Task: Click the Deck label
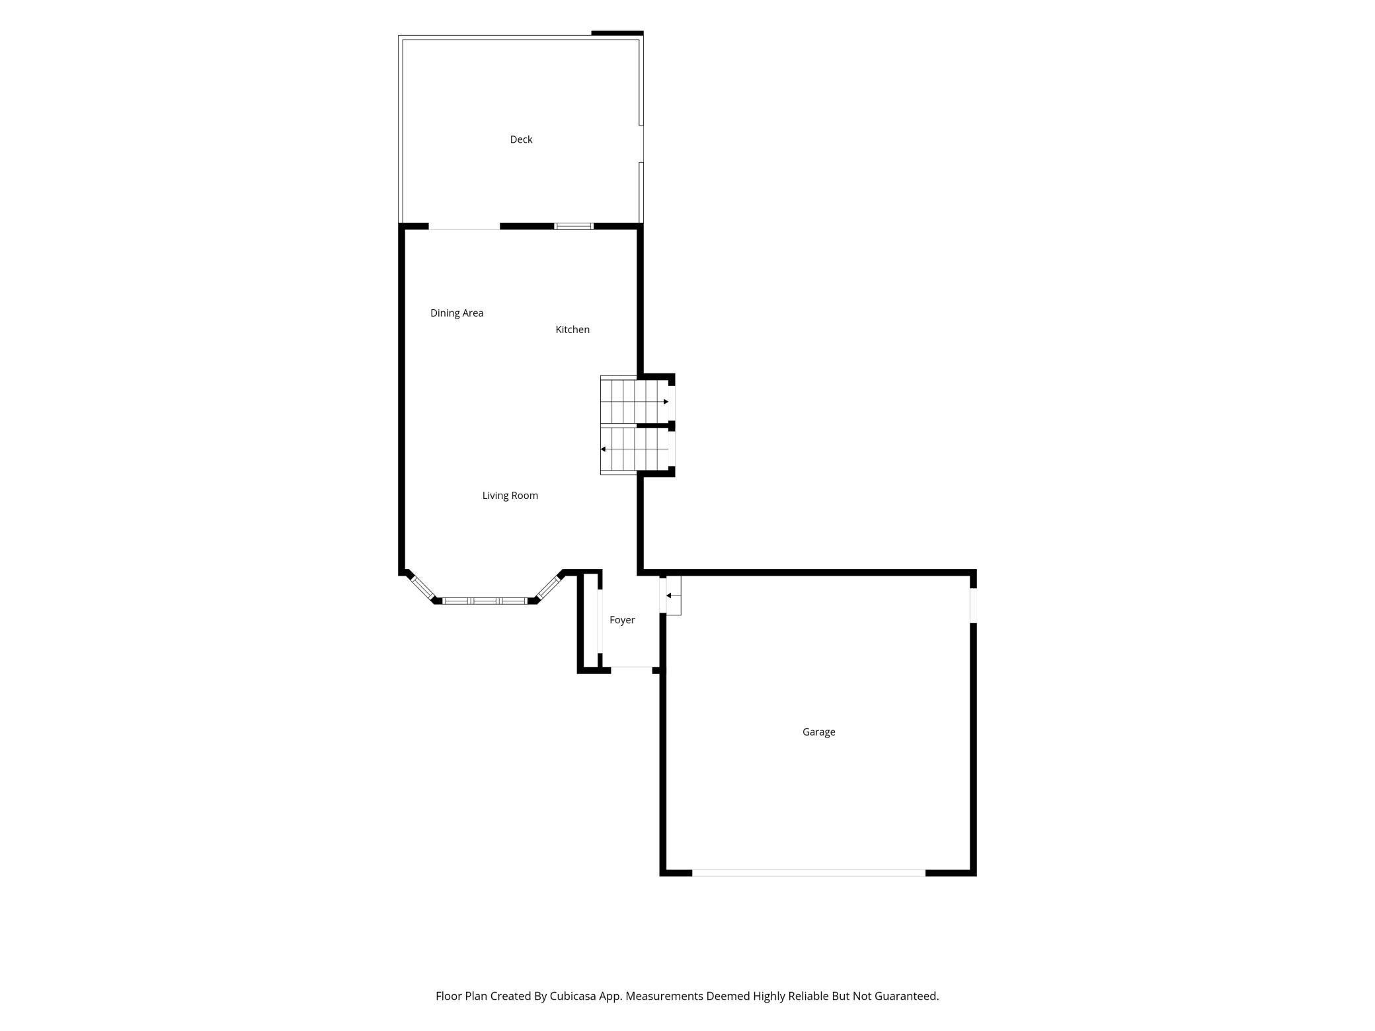[521, 139]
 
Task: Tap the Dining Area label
[457, 313]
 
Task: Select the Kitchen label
[572, 330]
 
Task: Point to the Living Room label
[510, 496]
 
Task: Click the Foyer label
[622, 620]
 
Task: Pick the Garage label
[819, 732]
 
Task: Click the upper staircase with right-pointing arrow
[634, 401]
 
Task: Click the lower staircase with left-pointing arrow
[634, 449]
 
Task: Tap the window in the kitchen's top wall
[574, 227]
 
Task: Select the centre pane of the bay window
[485, 601]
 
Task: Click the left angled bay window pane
[422, 588]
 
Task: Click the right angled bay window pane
[548, 586]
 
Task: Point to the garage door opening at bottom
[808, 873]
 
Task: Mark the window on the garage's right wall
[973, 605]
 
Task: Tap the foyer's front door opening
[631, 670]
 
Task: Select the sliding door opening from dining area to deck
[464, 227]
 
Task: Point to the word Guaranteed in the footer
[906, 996]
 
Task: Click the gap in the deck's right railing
[641, 143]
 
